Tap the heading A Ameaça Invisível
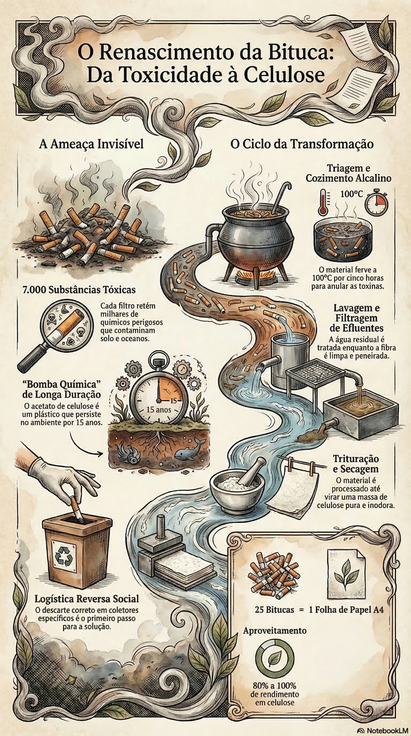91,144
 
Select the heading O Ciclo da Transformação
302,144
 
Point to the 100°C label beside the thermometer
352,194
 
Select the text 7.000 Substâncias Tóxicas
79,290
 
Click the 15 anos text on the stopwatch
159,409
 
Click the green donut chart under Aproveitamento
275,657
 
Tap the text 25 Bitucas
274,609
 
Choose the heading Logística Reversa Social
87,598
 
